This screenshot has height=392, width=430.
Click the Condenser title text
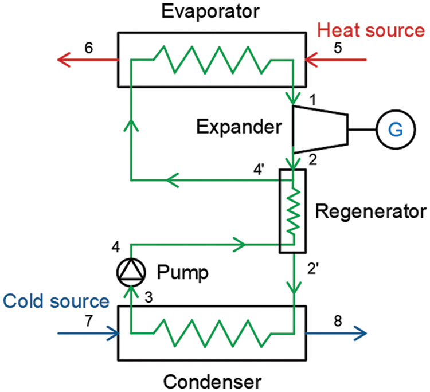[x=212, y=381]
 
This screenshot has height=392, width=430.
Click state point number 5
[x=338, y=49]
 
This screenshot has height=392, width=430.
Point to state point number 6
[x=88, y=49]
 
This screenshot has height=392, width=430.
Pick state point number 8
[x=338, y=322]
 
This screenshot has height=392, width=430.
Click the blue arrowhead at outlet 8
[x=362, y=332]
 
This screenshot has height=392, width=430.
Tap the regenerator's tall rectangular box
[x=292, y=211]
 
